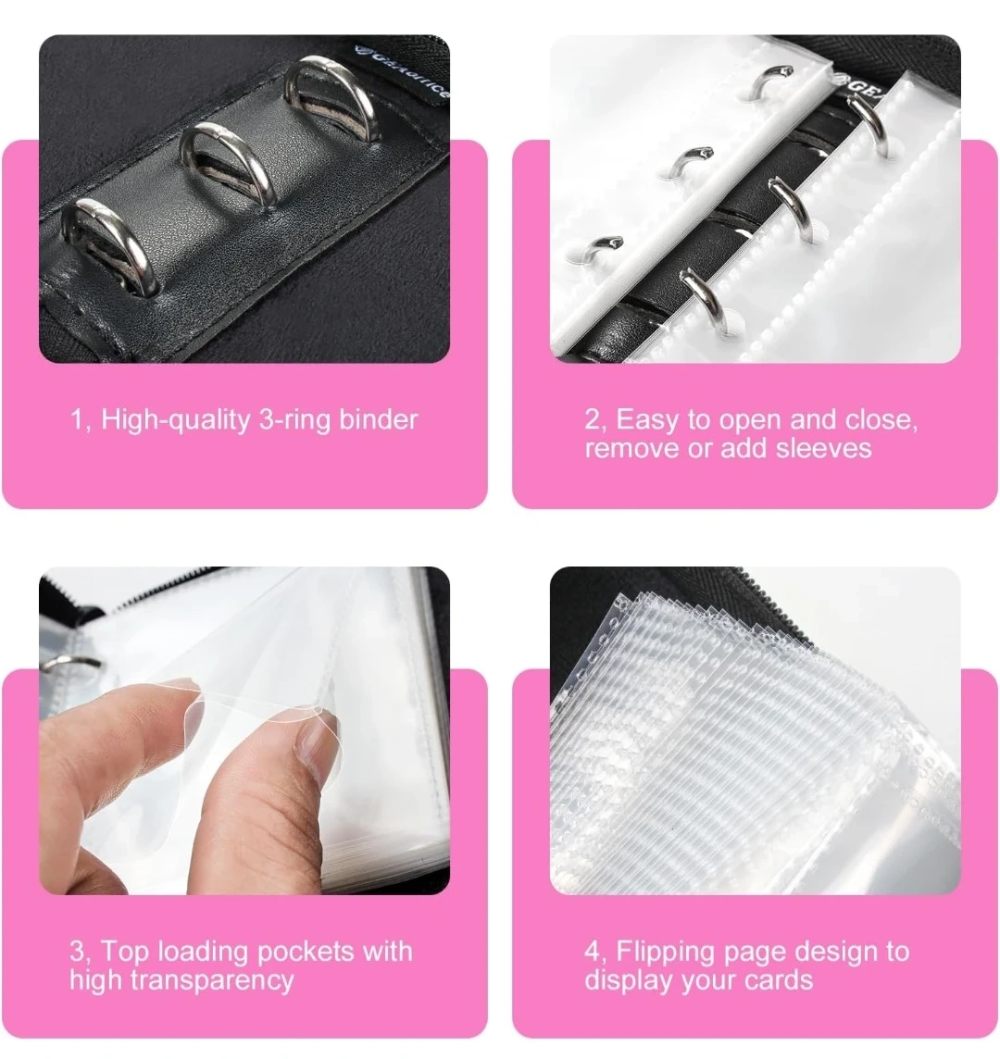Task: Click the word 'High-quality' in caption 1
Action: (176, 420)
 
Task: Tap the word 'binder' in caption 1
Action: (379, 419)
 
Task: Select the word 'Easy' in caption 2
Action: (646, 420)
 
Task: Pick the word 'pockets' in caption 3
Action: (306, 953)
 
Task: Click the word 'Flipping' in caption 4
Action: (665, 953)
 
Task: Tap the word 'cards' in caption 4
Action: (779, 980)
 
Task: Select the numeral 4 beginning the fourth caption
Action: (593, 953)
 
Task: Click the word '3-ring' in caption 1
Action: (295, 420)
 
